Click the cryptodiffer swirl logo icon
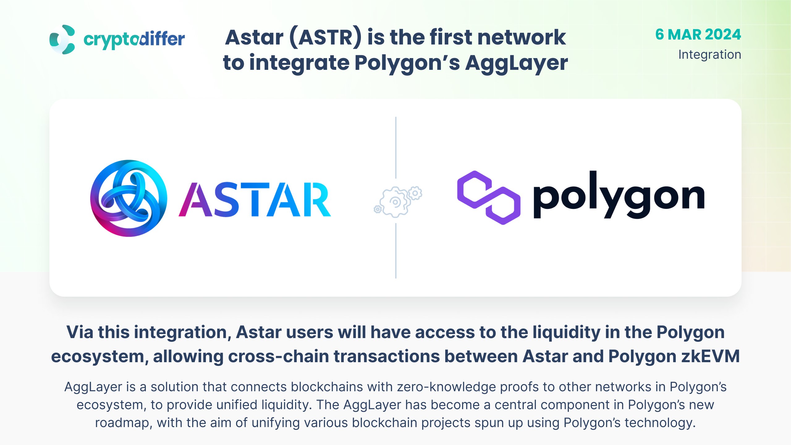62,40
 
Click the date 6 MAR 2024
698,34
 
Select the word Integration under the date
710,55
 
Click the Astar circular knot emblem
129,198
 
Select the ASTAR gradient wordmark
255,199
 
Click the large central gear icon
395,202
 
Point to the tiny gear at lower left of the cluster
378,210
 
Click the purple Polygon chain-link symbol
489,197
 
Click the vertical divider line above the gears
396,148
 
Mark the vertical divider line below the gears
396,251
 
